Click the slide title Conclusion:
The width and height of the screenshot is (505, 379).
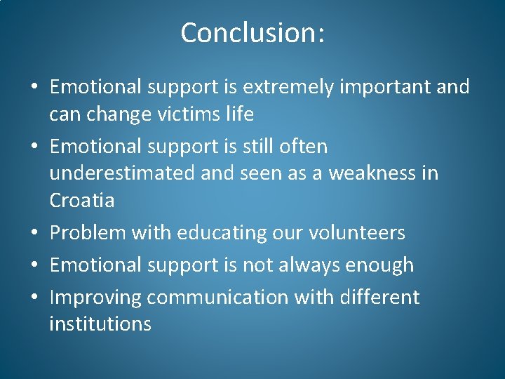(252, 33)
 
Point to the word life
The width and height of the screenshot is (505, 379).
(239, 114)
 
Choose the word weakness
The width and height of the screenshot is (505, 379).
(365, 173)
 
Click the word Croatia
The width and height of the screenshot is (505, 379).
(81, 201)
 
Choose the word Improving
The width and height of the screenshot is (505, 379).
(95, 298)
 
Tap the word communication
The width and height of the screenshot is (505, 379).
(217, 298)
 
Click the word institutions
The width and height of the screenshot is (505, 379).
(100, 324)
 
